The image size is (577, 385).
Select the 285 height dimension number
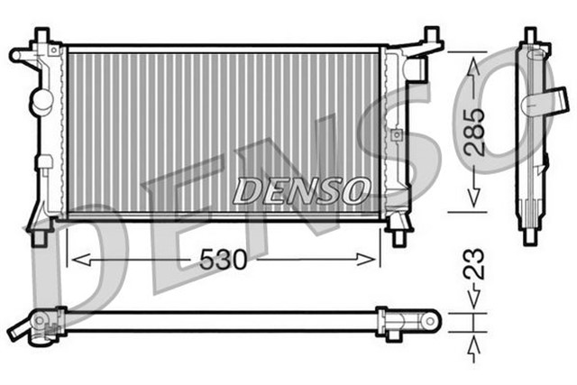pyautogui.click(x=475, y=130)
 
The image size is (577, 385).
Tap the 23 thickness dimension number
pyautogui.click(x=476, y=262)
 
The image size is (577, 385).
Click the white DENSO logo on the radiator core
pyautogui.click(x=301, y=190)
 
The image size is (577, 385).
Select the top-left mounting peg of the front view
pyautogui.click(x=41, y=36)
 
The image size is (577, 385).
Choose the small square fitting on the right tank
pyautogui.click(x=394, y=135)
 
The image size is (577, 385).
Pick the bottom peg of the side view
pyautogui.click(x=530, y=237)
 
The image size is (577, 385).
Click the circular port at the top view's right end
pyautogui.click(x=431, y=319)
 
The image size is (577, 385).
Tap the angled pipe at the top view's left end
pyautogui.click(x=20, y=331)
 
